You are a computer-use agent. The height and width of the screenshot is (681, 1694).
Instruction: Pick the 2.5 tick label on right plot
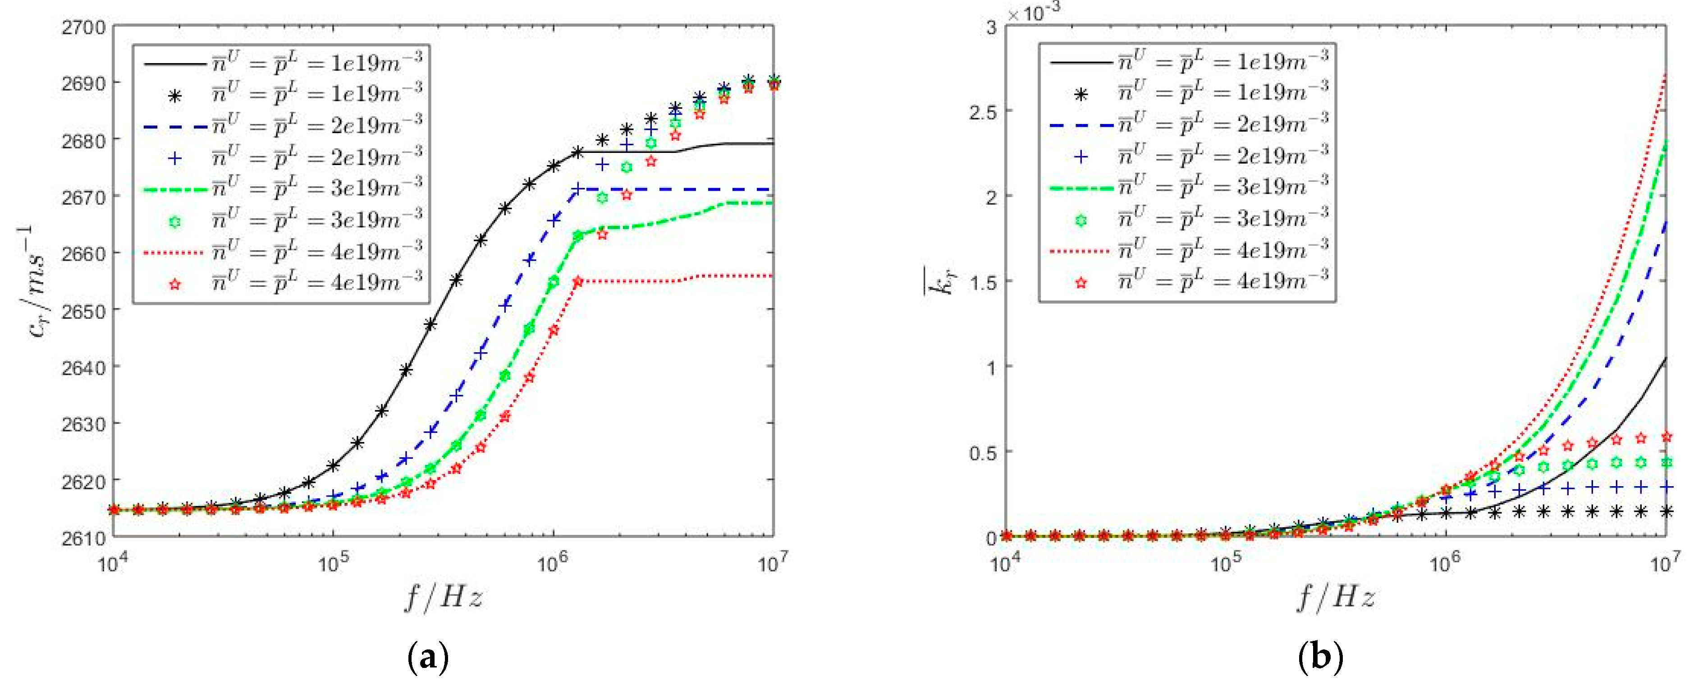[983, 112]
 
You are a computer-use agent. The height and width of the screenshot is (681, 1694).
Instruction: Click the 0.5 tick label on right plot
[983, 453]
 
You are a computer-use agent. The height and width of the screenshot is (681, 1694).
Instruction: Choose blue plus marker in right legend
[1080, 156]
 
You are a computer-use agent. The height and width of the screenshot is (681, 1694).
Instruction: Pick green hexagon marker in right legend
[1080, 221]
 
